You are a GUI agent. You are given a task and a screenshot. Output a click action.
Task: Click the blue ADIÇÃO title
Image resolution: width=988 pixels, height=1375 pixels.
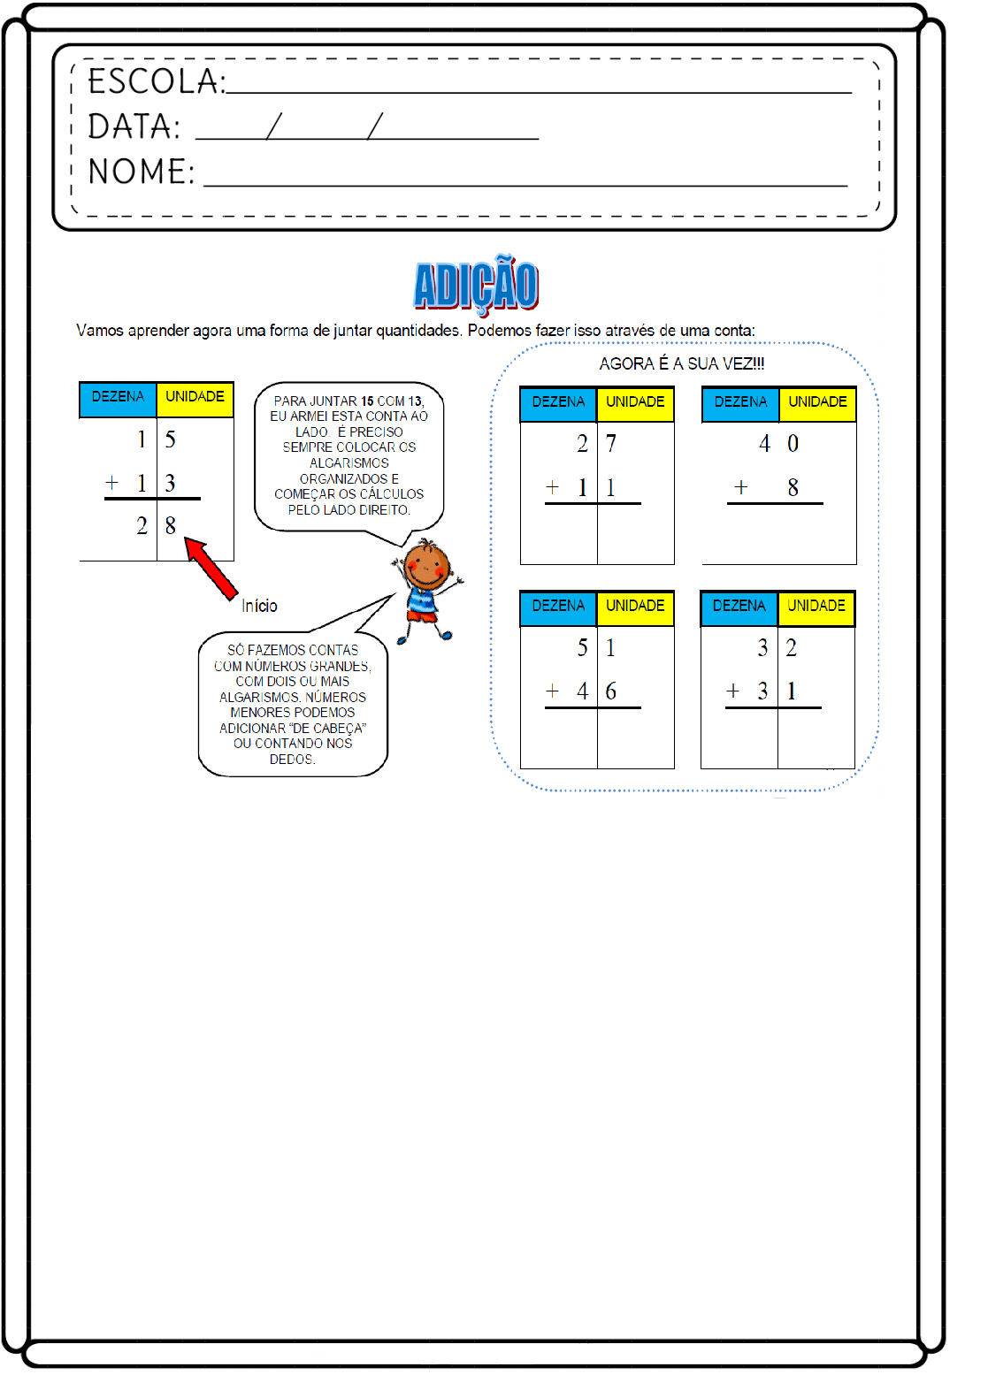(x=476, y=285)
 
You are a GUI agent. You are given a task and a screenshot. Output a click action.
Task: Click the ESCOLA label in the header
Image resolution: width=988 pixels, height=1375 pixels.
(x=156, y=81)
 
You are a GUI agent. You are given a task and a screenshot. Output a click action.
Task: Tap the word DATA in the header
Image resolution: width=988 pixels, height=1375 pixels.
(x=134, y=126)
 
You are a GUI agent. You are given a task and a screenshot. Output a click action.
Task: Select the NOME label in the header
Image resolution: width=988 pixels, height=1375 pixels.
(x=141, y=172)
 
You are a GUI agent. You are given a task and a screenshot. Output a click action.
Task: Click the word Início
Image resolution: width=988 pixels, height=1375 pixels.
(x=259, y=606)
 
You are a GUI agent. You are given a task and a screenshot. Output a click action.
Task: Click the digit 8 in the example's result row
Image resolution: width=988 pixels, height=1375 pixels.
(x=171, y=526)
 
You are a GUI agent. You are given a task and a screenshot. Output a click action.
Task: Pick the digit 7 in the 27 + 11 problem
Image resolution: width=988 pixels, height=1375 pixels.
(x=610, y=444)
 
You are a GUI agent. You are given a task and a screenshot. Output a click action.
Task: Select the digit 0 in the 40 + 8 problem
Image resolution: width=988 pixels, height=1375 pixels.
(x=793, y=444)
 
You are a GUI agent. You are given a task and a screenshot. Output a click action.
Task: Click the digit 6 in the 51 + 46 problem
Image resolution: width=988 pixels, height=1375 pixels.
(x=610, y=691)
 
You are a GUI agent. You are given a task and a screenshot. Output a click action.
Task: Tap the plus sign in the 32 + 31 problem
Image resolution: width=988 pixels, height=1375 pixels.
(x=732, y=691)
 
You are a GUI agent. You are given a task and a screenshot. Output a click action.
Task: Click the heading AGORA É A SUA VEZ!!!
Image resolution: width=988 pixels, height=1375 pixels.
(x=681, y=363)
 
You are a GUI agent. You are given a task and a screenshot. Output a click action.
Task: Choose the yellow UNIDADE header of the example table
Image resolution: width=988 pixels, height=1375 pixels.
(x=195, y=397)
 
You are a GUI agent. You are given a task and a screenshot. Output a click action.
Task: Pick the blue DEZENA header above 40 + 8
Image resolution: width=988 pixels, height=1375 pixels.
(x=740, y=402)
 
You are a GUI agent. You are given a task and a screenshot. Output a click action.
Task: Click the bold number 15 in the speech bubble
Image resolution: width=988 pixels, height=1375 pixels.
(x=367, y=401)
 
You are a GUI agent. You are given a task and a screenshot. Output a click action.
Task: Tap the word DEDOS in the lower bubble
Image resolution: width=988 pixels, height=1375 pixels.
(x=291, y=760)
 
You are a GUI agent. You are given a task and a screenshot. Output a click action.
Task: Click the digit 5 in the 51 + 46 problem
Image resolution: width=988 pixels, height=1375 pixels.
(x=582, y=648)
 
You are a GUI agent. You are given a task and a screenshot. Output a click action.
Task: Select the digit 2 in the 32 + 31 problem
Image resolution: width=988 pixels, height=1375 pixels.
(x=792, y=648)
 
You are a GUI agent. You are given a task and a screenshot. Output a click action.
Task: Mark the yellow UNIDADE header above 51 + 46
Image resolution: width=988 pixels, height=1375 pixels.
(x=635, y=607)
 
